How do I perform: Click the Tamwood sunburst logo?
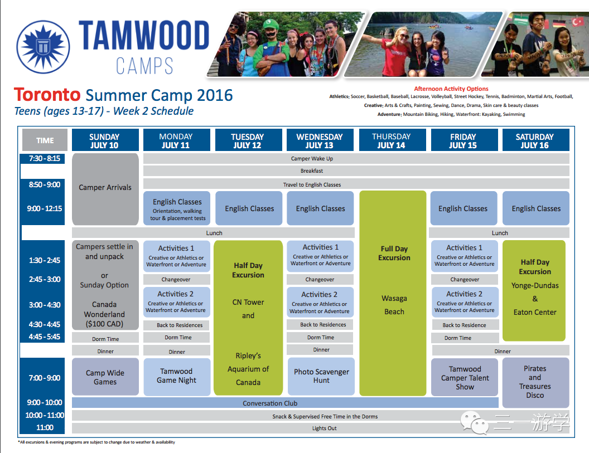tap(43, 47)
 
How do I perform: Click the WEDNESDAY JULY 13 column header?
tap(320, 140)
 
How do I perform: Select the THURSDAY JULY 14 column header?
tap(392, 140)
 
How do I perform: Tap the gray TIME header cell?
tap(45, 140)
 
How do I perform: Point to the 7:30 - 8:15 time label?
tap(44, 158)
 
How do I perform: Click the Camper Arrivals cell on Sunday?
tap(105, 189)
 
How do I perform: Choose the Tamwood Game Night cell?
tap(177, 377)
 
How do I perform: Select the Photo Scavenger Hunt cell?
tap(321, 376)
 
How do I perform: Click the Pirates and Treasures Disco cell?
tap(535, 382)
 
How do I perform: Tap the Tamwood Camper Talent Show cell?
tap(465, 377)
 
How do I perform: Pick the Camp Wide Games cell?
tap(105, 377)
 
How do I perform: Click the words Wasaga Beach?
tap(394, 305)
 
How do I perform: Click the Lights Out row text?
tap(324, 428)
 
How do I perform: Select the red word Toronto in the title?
tap(47, 95)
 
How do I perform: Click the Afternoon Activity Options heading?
tap(451, 89)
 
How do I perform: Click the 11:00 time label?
tap(45, 427)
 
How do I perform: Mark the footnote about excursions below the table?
tap(96, 442)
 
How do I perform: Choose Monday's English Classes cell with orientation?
tap(177, 208)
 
